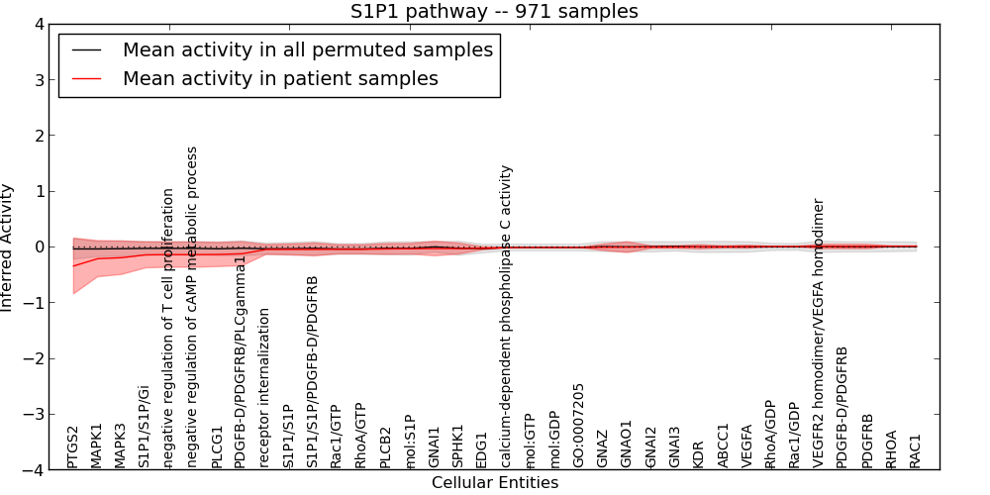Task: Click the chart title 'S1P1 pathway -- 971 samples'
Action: click(x=494, y=12)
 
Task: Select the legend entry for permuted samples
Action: click(x=307, y=49)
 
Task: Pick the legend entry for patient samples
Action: click(x=280, y=78)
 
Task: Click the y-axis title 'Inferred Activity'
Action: click(x=8, y=247)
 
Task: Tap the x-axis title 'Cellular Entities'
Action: click(x=494, y=483)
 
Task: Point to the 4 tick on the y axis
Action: click(x=40, y=24)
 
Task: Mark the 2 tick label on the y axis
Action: click(x=40, y=136)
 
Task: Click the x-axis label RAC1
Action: click(x=916, y=449)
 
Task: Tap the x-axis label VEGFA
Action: click(x=747, y=446)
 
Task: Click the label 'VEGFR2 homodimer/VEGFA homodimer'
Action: click(x=819, y=333)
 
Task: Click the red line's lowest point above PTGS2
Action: click(x=73, y=265)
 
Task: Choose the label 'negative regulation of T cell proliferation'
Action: click(x=168, y=328)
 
